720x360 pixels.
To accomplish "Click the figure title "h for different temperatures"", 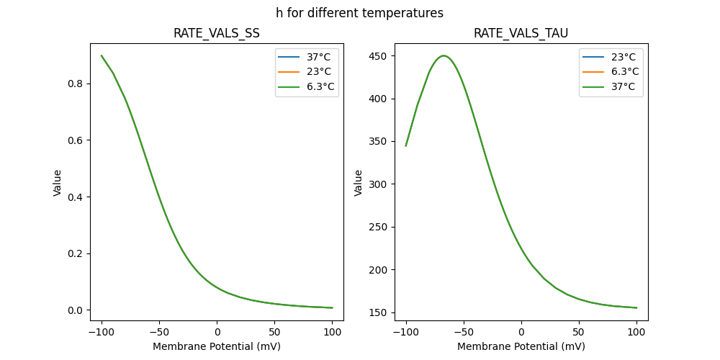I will pos(359,13).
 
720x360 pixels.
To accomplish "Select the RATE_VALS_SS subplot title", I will pos(217,33).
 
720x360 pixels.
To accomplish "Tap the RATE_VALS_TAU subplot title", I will pos(521,33).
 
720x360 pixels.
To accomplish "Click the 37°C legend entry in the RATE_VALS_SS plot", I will pos(317,56).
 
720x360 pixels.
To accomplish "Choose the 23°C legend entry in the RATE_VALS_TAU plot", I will pos(621,56).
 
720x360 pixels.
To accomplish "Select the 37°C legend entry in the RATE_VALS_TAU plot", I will pos(621,86).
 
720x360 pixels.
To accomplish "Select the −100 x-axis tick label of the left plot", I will pos(101,332).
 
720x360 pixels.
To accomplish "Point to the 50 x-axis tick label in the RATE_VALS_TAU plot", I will pos(579,332).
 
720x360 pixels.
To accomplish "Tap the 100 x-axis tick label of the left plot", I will pos(332,332).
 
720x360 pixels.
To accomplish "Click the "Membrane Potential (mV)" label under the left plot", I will pos(217,346).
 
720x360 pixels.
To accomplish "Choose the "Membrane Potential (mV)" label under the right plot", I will pos(521,346).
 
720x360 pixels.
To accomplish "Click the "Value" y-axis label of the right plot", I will pos(358,183).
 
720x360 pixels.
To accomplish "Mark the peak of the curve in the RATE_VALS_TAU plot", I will pos(444,55).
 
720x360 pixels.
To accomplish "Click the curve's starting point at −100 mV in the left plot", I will pos(102,55).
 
